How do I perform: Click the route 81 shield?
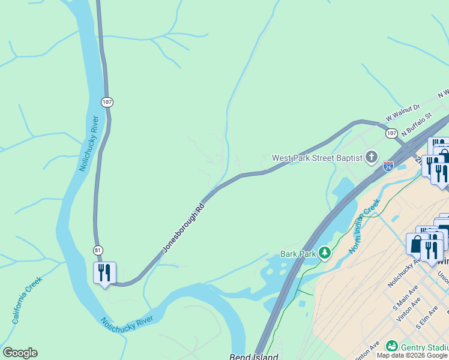click(98, 250)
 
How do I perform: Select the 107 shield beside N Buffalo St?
click(391, 133)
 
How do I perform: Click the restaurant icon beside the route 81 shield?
click(104, 273)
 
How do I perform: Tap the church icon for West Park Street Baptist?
click(372, 158)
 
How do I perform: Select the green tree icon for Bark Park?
click(324, 253)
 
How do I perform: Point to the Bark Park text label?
click(298, 254)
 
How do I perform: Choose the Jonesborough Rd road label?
click(183, 227)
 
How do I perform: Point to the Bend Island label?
click(254, 356)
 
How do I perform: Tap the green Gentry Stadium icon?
click(392, 346)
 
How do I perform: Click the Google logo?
click(20, 353)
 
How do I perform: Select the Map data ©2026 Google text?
click(412, 355)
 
